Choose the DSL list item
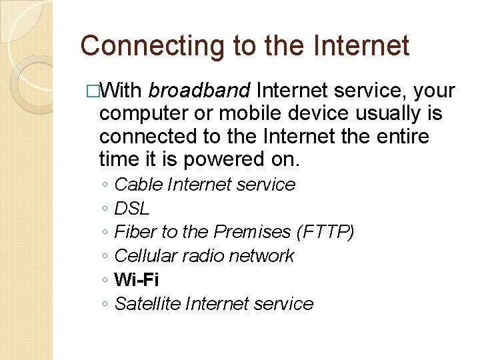(x=132, y=208)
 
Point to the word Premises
(x=251, y=232)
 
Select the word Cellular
(x=146, y=256)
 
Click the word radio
(x=201, y=256)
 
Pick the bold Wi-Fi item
(x=137, y=279)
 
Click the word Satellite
(x=148, y=304)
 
